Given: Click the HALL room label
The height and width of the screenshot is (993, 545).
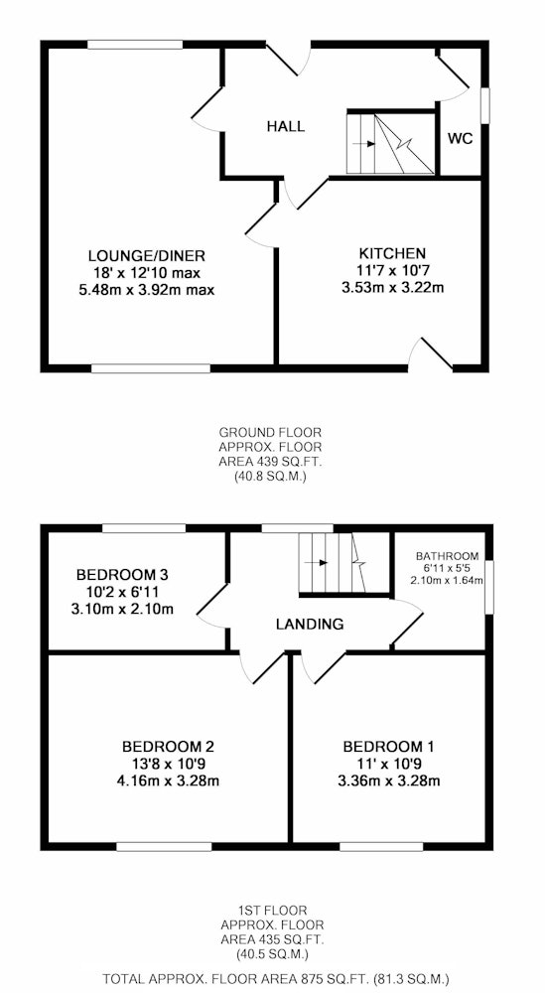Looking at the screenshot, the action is [x=285, y=126].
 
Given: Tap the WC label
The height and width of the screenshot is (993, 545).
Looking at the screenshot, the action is [x=461, y=139].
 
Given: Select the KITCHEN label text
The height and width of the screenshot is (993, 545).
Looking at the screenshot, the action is [x=392, y=254].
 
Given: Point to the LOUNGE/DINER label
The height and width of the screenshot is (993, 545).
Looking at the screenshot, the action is [x=146, y=256].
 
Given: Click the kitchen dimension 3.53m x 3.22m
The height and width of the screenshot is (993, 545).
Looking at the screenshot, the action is [x=392, y=288].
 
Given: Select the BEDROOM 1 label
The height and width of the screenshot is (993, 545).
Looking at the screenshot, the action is [x=389, y=746].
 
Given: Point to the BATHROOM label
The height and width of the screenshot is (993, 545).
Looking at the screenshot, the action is [x=447, y=557].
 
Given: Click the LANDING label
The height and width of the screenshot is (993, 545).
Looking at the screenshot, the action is [x=310, y=624].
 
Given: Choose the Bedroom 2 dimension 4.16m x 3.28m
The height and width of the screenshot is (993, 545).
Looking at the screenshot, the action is [x=168, y=780].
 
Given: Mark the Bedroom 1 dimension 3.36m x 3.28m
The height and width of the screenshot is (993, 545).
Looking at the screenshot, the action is [x=389, y=780].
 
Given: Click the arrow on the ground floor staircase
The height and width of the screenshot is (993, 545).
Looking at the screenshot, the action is [x=363, y=144].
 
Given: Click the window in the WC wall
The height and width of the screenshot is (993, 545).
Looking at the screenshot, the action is [x=485, y=105].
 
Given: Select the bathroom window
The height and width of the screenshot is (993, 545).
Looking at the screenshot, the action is [x=489, y=587].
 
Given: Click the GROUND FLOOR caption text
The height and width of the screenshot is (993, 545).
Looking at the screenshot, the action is [x=270, y=433].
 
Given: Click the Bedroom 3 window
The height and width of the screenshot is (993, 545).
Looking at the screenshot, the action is [x=144, y=527].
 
